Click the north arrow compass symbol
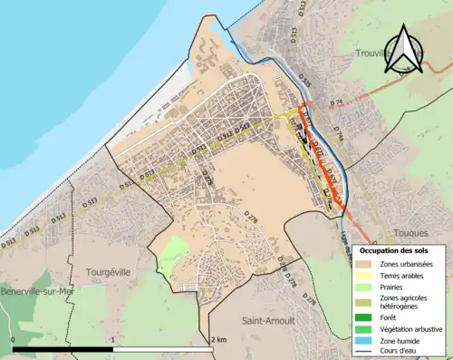coord(404,50)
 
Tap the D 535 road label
coord(304,84)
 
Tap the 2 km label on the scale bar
coord(218,339)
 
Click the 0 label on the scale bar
coord(14,339)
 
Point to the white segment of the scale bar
coord(164,349)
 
